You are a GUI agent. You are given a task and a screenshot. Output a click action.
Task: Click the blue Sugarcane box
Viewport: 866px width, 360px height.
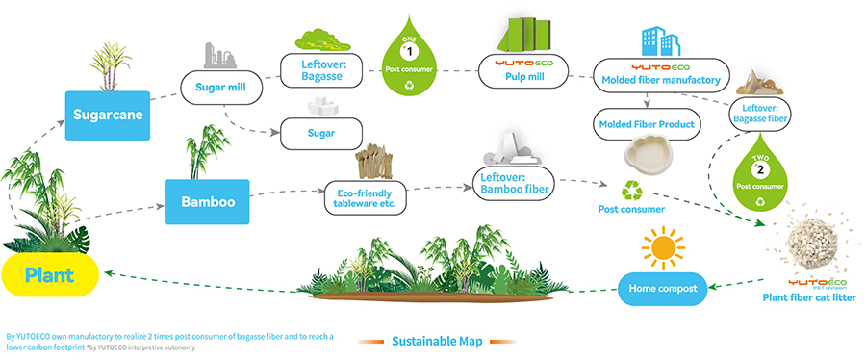(108, 116)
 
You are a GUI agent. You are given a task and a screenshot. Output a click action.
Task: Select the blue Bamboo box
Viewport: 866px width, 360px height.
(207, 201)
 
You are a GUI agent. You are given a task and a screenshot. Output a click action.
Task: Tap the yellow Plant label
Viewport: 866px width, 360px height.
(50, 274)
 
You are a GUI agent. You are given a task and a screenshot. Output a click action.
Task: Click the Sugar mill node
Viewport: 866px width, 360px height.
(221, 88)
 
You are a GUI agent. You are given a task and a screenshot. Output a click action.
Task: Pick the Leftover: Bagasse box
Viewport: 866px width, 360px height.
(320, 70)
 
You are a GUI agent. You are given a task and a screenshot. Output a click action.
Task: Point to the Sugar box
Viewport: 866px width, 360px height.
(320, 133)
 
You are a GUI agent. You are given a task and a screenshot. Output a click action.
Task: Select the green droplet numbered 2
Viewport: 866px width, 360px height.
(760, 173)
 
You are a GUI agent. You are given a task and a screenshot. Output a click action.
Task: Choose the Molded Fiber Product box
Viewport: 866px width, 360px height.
(647, 124)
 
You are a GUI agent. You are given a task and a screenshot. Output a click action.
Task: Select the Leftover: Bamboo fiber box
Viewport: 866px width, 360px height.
(514, 184)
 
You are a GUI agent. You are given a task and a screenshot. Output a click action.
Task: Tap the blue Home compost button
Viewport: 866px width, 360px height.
(663, 288)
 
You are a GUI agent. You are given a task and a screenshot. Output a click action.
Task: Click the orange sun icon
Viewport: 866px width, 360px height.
(663, 248)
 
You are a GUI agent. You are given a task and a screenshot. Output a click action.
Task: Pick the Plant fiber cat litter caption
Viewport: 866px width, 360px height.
(809, 298)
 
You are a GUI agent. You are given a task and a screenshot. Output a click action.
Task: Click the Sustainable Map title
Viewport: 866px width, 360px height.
(437, 341)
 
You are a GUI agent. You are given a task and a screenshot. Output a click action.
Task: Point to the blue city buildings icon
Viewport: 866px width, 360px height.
(660, 40)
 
